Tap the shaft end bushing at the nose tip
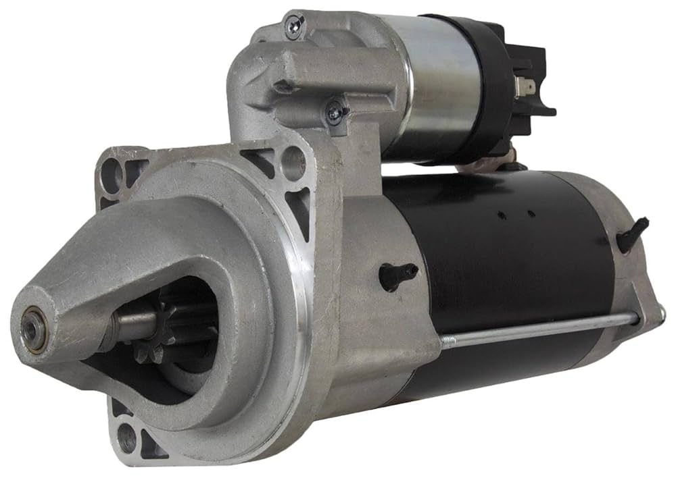32,329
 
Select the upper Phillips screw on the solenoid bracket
294,26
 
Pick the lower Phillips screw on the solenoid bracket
335,113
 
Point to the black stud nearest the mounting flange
397,273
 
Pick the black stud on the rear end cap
632,234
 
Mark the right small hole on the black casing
532,214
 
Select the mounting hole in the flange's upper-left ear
112,175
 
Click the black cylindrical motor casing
514,270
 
